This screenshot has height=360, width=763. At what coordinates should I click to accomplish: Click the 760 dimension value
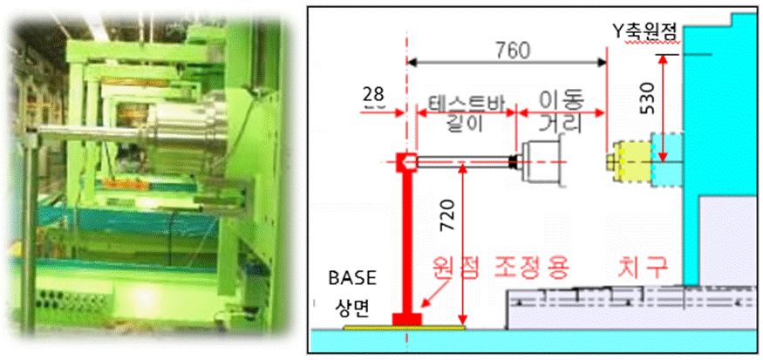[512, 51]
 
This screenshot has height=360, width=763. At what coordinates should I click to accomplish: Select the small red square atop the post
[405, 162]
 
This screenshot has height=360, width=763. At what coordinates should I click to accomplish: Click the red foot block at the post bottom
[406, 318]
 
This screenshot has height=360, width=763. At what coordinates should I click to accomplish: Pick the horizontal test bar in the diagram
[462, 161]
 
